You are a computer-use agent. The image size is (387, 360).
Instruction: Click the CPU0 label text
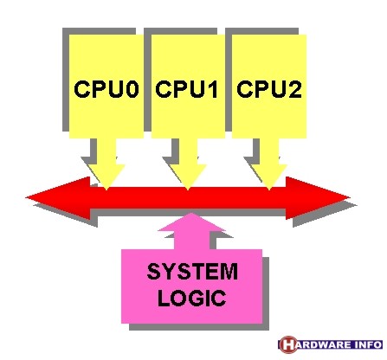[x=106, y=89]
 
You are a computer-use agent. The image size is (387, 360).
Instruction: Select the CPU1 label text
[x=187, y=89]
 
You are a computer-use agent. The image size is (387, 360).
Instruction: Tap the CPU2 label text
[x=269, y=89]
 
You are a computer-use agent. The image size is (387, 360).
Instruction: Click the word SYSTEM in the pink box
[x=192, y=272]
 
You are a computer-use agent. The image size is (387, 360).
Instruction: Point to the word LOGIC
[x=191, y=298]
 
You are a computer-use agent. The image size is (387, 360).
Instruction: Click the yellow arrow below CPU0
[x=106, y=164]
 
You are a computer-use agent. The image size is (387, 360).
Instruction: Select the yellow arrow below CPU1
[x=188, y=164]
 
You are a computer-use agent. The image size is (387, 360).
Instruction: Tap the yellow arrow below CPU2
[x=269, y=164]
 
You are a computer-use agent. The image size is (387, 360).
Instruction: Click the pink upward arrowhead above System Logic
[x=191, y=222]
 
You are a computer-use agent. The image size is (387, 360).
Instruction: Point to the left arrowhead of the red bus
[x=58, y=198]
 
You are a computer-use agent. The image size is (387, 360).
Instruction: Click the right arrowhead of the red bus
[x=318, y=198]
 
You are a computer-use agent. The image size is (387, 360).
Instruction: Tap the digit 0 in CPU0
[x=132, y=89]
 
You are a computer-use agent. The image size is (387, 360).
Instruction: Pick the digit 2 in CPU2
[x=294, y=89]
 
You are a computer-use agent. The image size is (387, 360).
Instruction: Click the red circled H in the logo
[x=288, y=344]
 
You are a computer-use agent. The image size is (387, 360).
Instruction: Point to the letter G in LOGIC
[x=198, y=298]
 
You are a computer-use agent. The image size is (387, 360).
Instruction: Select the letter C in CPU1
[x=163, y=89]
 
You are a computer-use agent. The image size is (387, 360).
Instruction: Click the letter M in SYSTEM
[x=229, y=272]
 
